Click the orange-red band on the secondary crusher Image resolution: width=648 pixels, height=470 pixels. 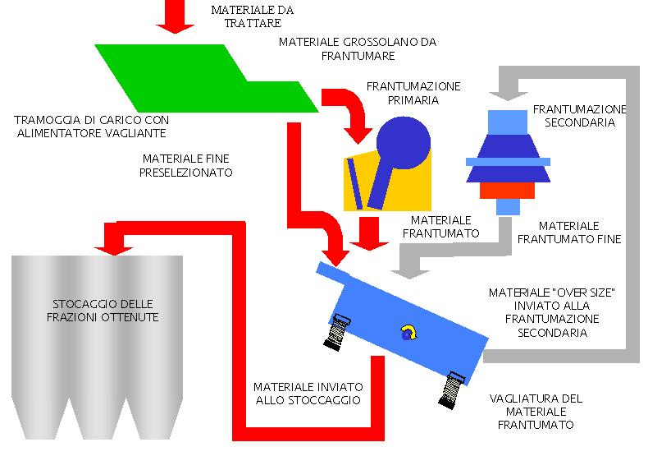pyautogui.click(x=508, y=191)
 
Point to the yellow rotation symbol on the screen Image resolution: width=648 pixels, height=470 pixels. pyautogui.click(x=406, y=331)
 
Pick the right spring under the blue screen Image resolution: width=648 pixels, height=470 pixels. pyautogui.click(x=450, y=389)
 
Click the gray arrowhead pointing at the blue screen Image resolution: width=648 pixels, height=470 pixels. pyautogui.click(x=402, y=267)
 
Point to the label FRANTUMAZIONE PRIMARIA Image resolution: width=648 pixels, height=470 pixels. pyautogui.click(x=413, y=93)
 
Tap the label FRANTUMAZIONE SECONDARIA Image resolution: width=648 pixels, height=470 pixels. pyautogui.click(x=579, y=115)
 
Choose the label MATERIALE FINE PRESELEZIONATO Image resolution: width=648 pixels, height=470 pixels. pyautogui.click(x=186, y=165)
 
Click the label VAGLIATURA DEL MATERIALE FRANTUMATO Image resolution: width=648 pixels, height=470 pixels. pyautogui.click(x=536, y=412)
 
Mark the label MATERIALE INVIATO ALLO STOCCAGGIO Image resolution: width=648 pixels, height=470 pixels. pyautogui.click(x=307, y=393)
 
